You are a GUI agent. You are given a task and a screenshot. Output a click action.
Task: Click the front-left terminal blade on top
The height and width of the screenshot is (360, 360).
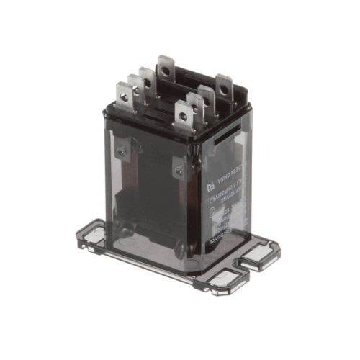click(124, 97)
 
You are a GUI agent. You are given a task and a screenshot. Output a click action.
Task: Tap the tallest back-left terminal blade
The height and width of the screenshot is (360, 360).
click(166, 68)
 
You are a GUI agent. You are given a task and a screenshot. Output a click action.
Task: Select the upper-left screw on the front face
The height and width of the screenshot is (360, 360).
click(121, 150)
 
